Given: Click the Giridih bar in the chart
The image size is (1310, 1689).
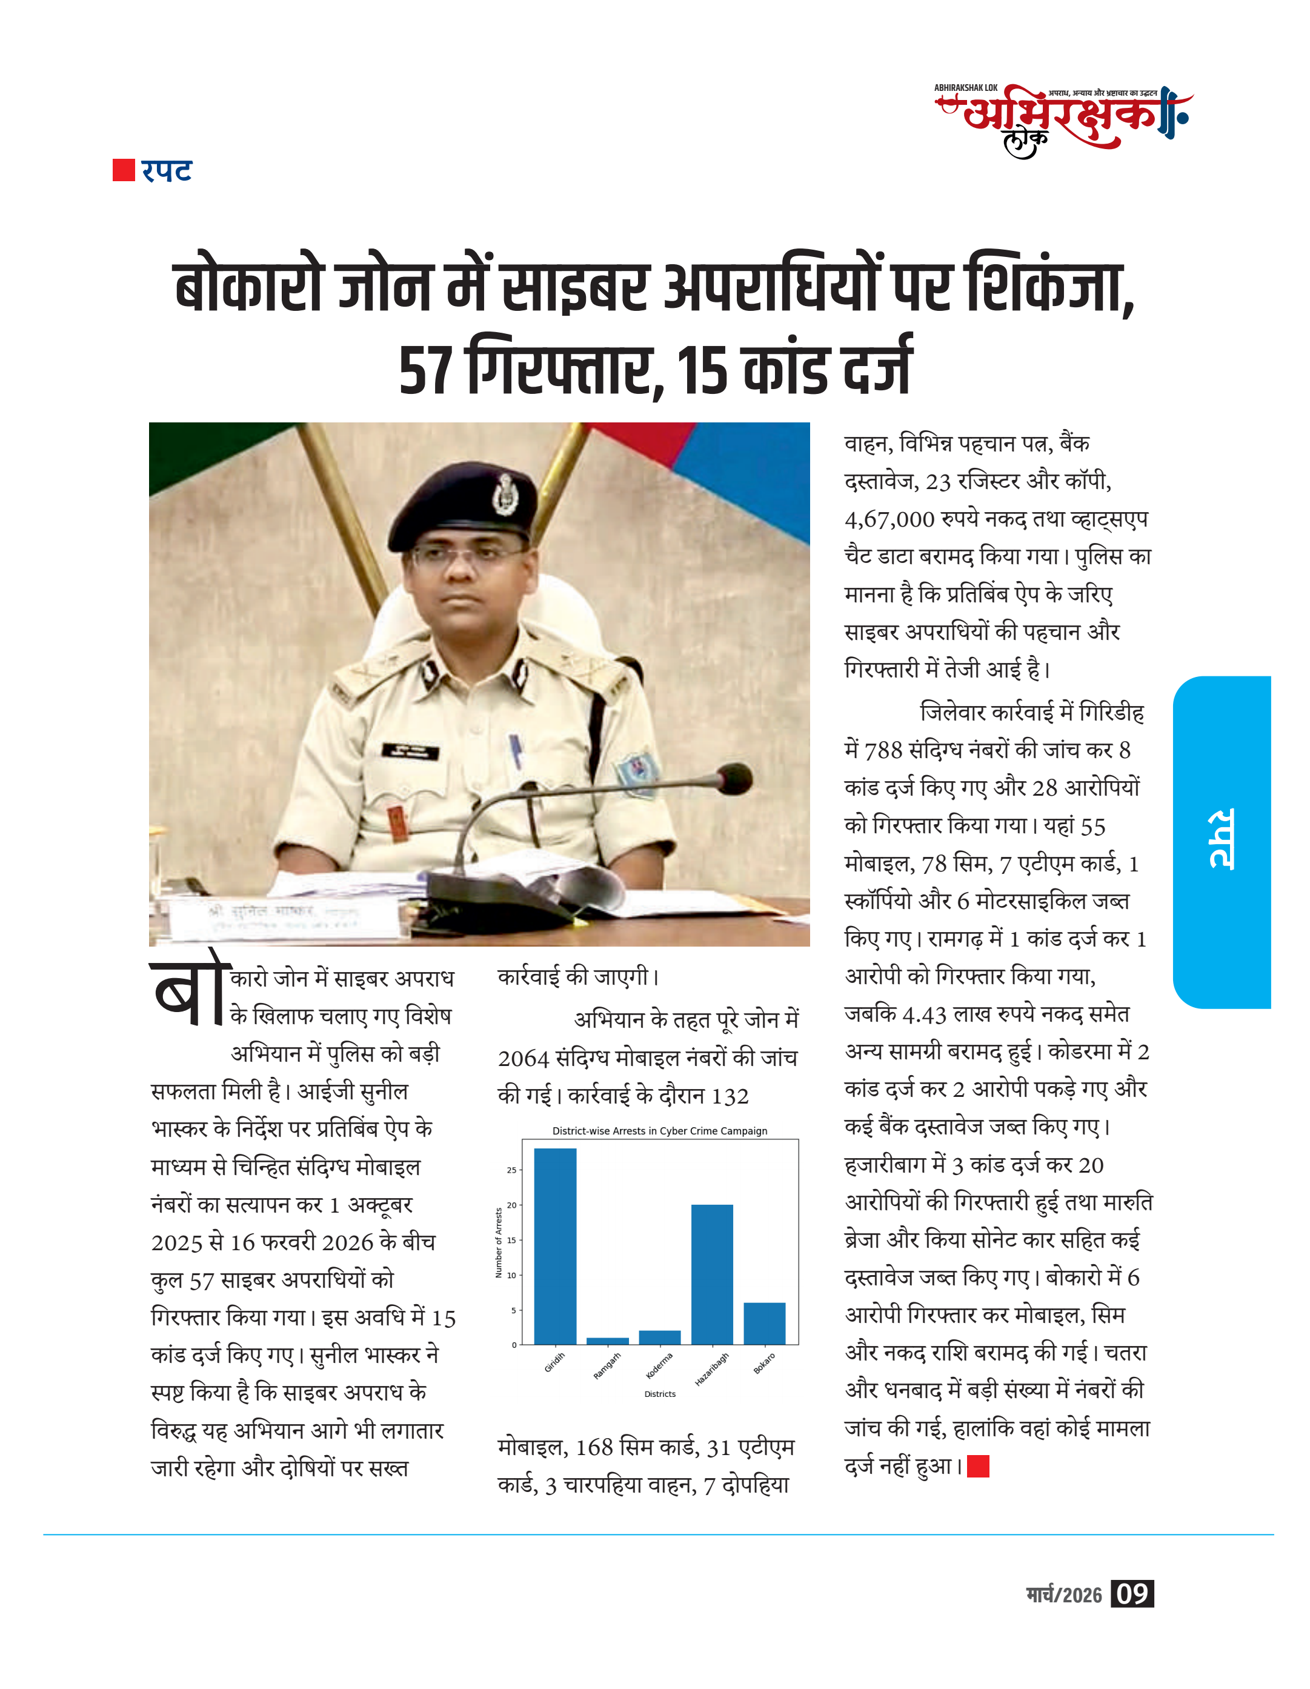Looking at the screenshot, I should point(554,1246).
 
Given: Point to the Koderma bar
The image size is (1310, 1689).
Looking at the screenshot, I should point(660,1337).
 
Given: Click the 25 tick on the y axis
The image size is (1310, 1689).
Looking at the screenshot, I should point(511,1170).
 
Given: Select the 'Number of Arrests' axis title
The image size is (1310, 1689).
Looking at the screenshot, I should point(499,1242).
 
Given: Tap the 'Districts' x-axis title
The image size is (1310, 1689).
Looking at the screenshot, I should point(660,1394).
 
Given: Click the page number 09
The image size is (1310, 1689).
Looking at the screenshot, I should point(1131,1594).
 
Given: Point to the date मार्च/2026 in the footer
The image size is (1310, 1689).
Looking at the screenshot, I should point(1063,1594).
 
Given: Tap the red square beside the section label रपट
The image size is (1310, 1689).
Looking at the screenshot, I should point(124,170).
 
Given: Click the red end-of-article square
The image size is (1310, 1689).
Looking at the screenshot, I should point(977,1465).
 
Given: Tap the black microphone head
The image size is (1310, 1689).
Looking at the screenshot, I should point(734,778).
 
